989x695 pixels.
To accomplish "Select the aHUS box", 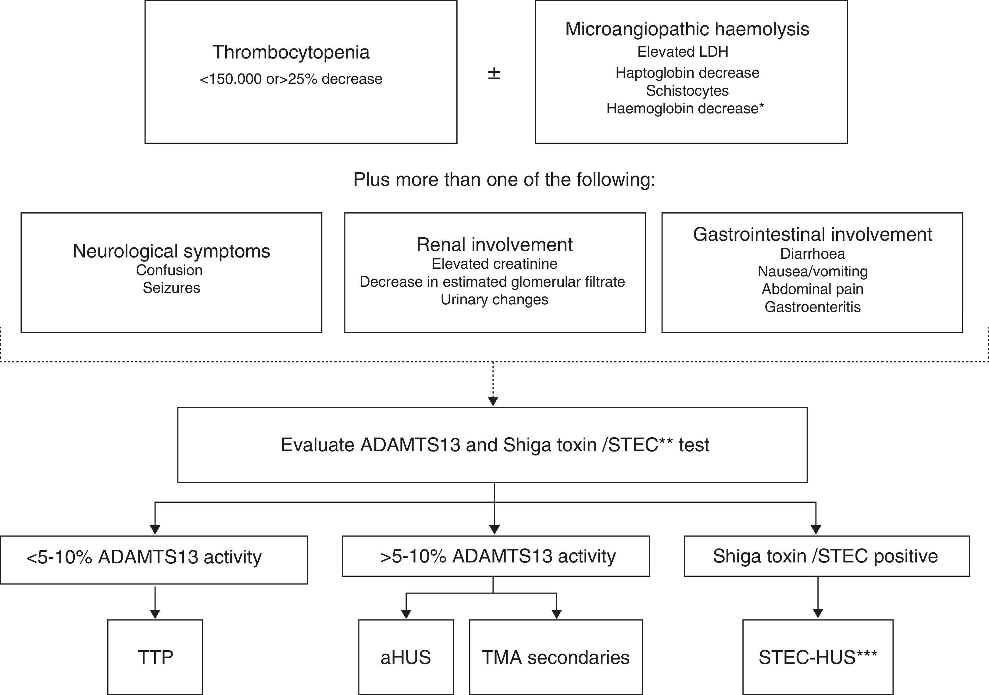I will pyautogui.click(x=406, y=657).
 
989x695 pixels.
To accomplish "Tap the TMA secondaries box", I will pyautogui.click(x=556, y=657).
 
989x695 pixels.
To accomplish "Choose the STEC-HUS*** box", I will pyautogui.click(x=818, y=657).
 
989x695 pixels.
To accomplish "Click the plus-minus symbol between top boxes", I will pyautogui.click(x=494, y=74).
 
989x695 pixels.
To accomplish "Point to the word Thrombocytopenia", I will pyautogui.click(x=291, y=52).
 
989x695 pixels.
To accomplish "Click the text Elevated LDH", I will pyautogui.click(x=683, y=52).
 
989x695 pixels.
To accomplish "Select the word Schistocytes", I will pyautogui.click(x=687, y=90).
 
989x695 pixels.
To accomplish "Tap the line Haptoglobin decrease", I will pyautogui.click(x=687, y=73).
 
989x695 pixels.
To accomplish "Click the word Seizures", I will pyautogui.click(x=171, y=288).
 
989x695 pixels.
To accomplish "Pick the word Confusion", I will pyautogui.click(x=169, y=270).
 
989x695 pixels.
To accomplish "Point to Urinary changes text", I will pyautogui.click(x=494, y=299).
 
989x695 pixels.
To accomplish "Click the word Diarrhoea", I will pyautogui.click(x=812, y=254).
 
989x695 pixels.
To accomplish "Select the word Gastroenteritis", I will pyautogui.click(x=812, y=307).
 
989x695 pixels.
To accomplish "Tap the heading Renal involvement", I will pyautogui.click(x=494, y=245).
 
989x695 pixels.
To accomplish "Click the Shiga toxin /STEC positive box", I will pyautogui.click(x=826, y=556).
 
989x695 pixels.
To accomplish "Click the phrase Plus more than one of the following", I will pyautogui.click(x=504, y=179).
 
